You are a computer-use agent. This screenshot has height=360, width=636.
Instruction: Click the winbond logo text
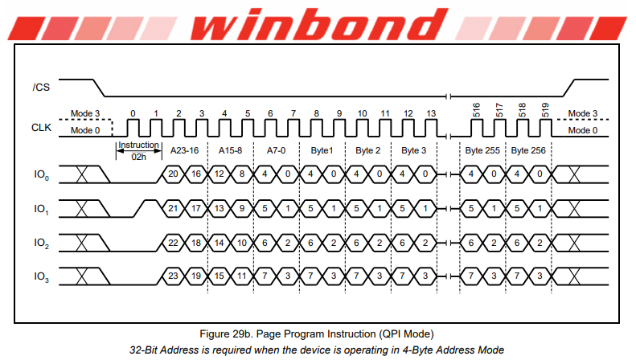click(x=319, y=23)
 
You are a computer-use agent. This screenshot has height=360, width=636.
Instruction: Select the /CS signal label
click(x=41, y=87)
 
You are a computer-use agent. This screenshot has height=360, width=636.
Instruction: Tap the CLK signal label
click(x=41, y=128)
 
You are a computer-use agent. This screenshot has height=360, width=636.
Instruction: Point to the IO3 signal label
click(x=41, y=277)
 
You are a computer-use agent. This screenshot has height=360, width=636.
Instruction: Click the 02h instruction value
click(x=139, y=157)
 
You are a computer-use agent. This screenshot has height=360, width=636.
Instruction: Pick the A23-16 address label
click(x=185, y=151)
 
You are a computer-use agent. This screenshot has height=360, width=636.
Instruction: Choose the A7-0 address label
click(x=277, y=151)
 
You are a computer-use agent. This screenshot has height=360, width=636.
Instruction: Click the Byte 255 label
click(x=482, y=151)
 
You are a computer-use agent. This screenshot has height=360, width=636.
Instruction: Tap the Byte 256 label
click(x=528, y=151)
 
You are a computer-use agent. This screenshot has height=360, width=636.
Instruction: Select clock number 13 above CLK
click(x=431, y=113)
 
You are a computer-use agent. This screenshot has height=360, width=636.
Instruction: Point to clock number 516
click(x=476, y=110)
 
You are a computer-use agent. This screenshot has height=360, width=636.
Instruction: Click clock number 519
click(x=545, y=110)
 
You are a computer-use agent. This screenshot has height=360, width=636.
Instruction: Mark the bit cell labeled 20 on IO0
click(x=173, y=174)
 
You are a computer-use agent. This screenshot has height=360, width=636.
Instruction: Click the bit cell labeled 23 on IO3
click(x=173, y=276)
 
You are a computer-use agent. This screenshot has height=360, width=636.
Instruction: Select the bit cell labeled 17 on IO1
click(x=196, y=208)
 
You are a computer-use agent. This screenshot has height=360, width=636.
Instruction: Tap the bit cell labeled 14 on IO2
click(x=219, y=243)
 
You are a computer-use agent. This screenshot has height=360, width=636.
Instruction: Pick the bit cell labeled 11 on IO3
click(x=242, y=276)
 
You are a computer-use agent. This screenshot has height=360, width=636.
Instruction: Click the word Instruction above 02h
click(x=139, y=145)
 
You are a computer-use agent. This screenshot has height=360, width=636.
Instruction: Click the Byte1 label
click(x=322, y=151)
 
